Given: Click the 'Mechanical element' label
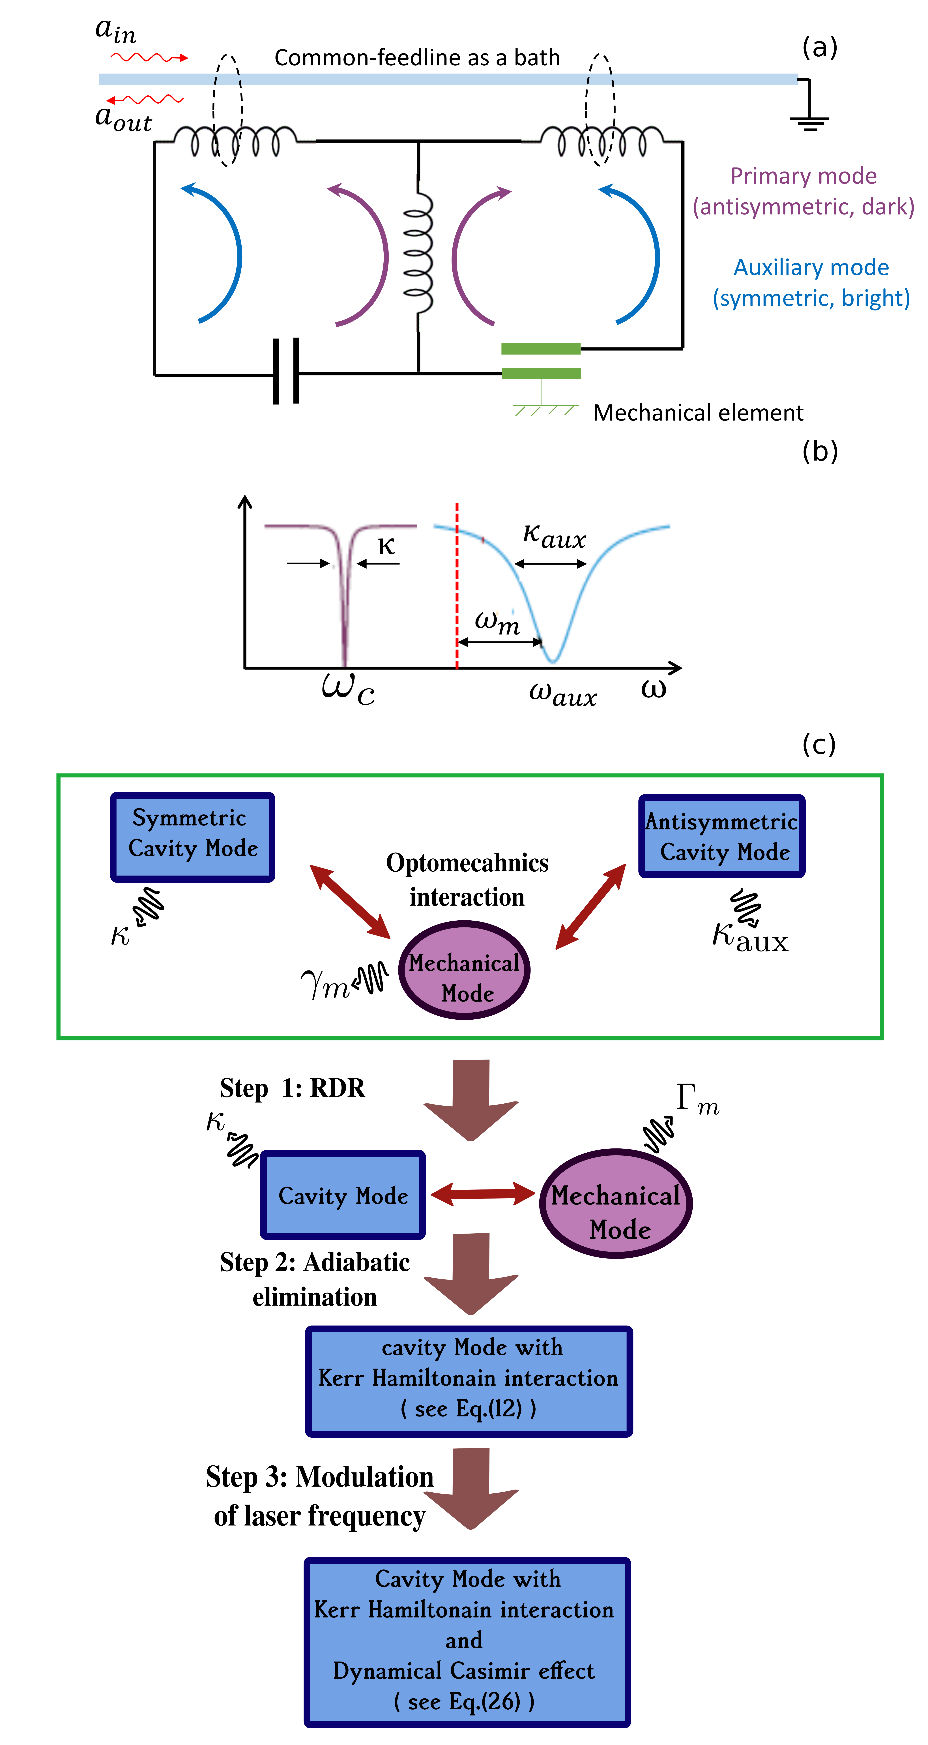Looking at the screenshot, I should point(698,413).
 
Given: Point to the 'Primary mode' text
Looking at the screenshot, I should point(803,176).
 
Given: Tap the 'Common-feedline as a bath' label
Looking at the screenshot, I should point(417,58).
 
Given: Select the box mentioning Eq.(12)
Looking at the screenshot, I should point(469,1380).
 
